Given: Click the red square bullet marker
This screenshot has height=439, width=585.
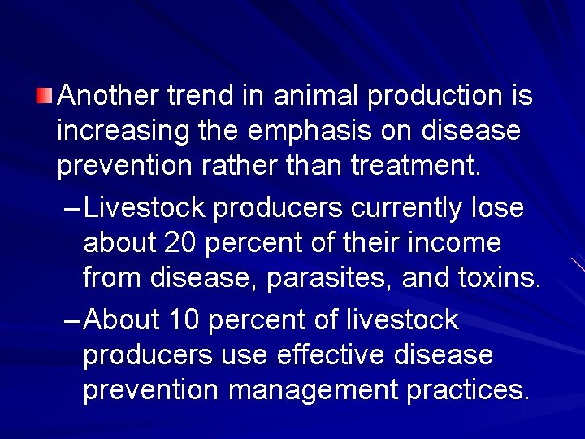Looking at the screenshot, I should pyautogui.click(x=44, y=97).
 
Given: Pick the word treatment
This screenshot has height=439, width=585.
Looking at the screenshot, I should pyautogui.click(x=417, y=166).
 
